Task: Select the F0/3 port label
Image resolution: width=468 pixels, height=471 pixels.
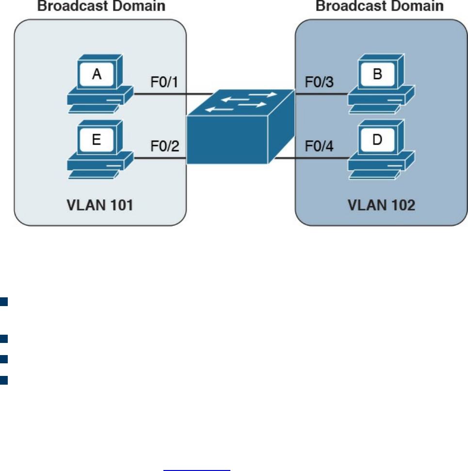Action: pos(319,82)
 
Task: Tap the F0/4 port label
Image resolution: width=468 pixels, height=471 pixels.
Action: pos(319,146)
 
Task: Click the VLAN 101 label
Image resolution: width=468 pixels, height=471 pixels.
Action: pos(100,205)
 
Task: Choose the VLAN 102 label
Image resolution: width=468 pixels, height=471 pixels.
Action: pos(381,205)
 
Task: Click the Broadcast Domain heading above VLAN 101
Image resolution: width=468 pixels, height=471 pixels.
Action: pos(101,6)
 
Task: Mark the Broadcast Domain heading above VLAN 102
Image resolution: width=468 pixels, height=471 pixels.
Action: pos(379,6)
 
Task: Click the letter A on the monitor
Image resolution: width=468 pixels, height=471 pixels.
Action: pos(97,75)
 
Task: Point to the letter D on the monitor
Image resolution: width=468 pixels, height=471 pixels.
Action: pos(377,140)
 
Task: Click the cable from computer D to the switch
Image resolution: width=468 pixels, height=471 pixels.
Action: pos(310,158)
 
